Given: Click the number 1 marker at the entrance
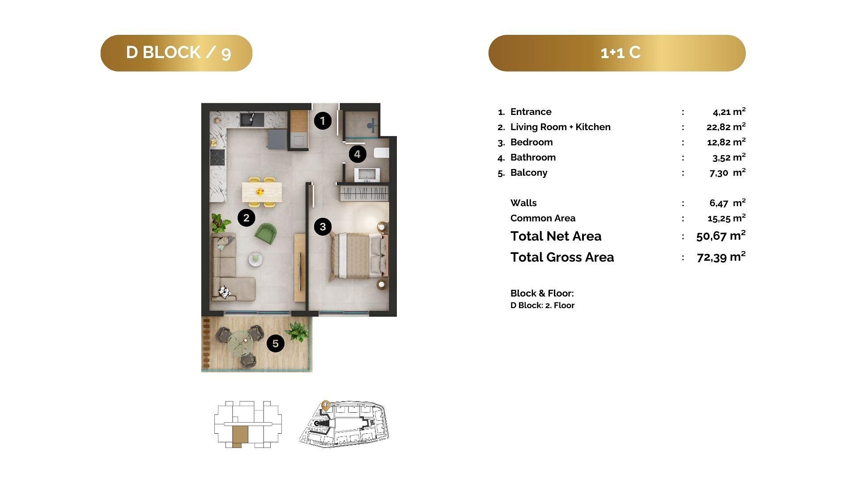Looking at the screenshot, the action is (323, 121).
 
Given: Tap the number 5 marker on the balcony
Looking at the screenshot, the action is (276, 343).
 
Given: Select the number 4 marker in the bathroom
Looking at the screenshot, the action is (357, 154).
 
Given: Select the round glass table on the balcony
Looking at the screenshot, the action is (241, 343).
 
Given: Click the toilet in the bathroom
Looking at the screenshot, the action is (382, 153).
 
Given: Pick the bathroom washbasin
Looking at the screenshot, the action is (367, 175).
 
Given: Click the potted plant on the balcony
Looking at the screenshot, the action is (297, 332).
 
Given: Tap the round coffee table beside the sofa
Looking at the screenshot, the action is (255, 258).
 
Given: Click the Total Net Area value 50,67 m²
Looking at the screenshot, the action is (721, 236).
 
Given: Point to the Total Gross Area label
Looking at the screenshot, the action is (562, 257).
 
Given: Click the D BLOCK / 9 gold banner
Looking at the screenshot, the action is (176, 53).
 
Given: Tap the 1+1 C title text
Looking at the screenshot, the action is (621, 53).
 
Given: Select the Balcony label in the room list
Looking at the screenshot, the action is (529, 173).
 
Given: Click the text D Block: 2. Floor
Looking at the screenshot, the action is (542, 305).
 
